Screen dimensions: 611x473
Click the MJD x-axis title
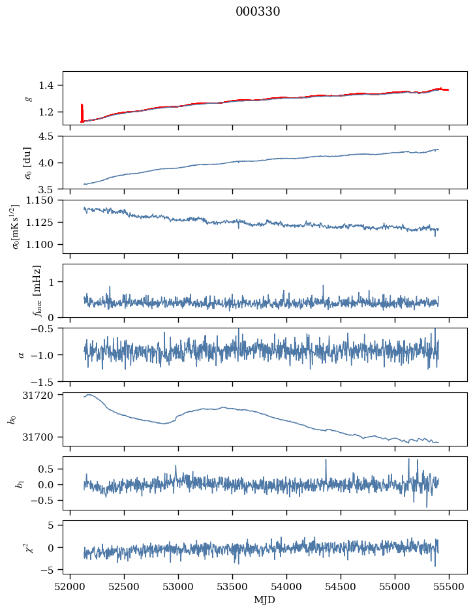[x=264, y=599]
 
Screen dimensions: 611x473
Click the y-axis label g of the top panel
[x=28, y=98]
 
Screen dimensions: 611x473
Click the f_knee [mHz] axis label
[x=37, y=290]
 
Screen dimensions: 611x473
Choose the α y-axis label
[x=22, y=354]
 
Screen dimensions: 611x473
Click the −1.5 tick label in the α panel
[x=44, y=381]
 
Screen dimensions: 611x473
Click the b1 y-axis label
[x=20, y=483]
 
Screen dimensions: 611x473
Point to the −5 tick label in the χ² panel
[x=50, y=570]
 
